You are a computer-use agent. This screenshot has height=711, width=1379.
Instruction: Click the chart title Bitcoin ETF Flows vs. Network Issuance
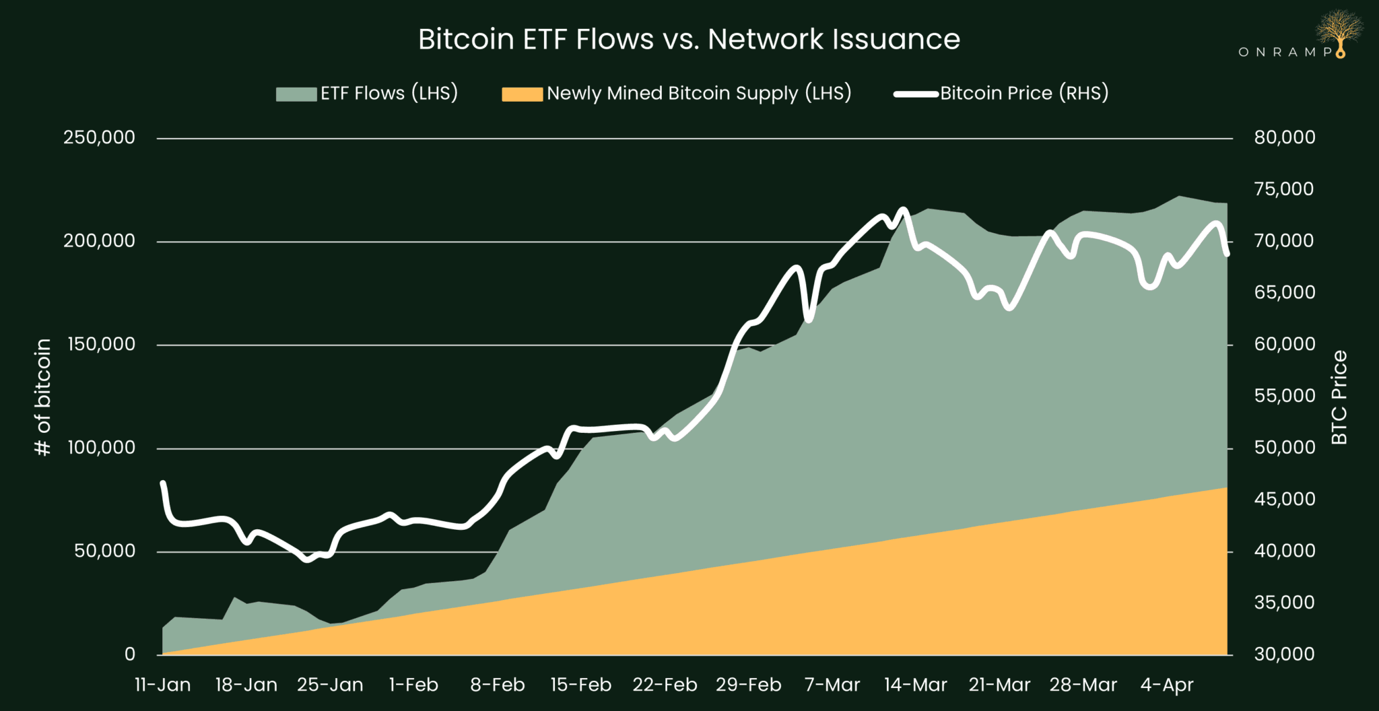[x=689, y=39]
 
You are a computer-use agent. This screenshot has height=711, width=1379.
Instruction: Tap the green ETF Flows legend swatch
[x=296, y=94]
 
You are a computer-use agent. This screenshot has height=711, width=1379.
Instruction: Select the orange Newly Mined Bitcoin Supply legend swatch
[x=522, y=94]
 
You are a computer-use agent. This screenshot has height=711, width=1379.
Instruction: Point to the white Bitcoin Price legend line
[x=916, y=94]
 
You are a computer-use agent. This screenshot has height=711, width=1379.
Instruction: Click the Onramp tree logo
[x=1339, y=31]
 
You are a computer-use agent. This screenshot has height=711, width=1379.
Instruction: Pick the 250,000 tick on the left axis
[x=99, y=137]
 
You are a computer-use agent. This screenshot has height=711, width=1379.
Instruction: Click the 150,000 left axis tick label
[x=101, y=344]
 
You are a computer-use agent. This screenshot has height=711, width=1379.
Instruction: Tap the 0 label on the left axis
[x=130, y=654]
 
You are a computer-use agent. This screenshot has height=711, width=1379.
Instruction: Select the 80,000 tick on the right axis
[x=1284, y=137]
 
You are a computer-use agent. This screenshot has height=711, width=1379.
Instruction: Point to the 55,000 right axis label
[x=1284, y=396]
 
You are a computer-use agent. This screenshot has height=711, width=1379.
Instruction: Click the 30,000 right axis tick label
[x=1284, y=654]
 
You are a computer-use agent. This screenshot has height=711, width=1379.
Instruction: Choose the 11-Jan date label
[x=162, y=685]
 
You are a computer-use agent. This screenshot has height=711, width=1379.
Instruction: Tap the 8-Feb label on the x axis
[x=498, y=685]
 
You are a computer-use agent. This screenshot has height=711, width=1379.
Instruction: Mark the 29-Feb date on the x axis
[x=748, y=685]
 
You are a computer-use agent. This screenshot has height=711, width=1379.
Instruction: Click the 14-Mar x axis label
[x=915, y=685]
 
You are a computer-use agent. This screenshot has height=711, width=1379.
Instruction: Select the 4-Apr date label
[x=1166, y=685]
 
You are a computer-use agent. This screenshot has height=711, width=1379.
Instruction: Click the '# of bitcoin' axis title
[x=42, y=397]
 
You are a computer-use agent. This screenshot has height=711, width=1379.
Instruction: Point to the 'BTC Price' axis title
[x=1339, y=397]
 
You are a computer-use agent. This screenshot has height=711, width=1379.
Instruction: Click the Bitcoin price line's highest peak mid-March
[x=904, y=209]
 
